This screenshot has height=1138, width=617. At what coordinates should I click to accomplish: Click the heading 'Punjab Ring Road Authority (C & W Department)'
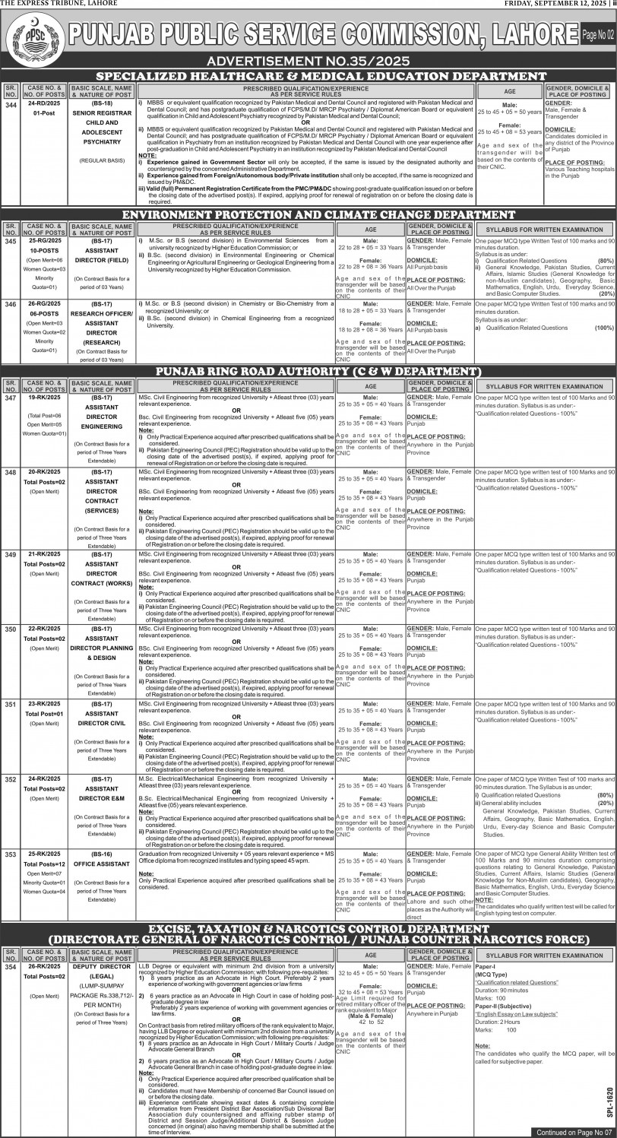tap(318, 371)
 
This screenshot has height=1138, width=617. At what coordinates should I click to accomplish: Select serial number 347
tap(10, 398)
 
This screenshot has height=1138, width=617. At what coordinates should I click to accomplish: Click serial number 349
tap(10, 555)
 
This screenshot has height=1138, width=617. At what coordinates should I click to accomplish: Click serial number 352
tap(10, 780)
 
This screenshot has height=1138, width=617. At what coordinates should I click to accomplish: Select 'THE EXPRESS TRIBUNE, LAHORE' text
tap(50, 5)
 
